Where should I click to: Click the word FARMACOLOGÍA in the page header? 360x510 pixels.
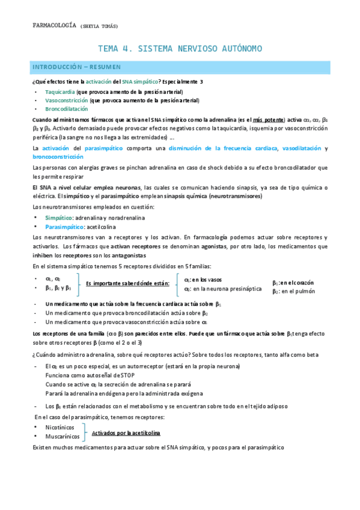click(53, 25)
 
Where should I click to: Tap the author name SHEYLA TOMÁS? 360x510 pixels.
click(99, 26)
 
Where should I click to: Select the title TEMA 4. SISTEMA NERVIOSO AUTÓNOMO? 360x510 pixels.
click(180, 48)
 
